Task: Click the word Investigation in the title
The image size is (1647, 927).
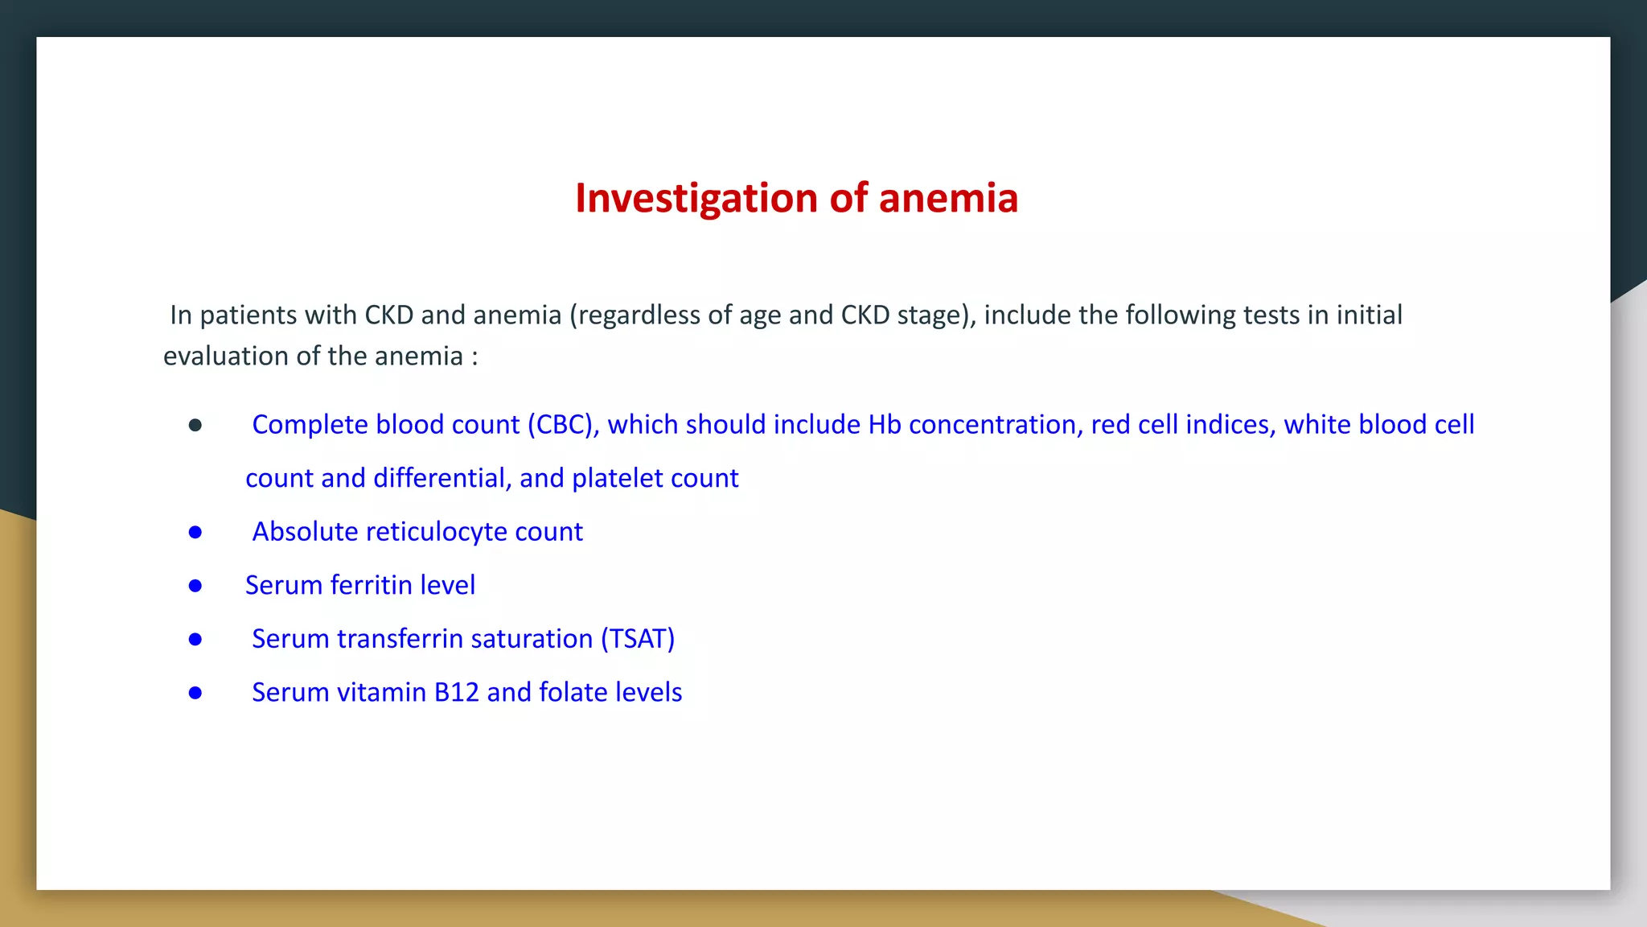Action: [x=697, y=199]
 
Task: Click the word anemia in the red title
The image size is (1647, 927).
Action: [x=948, y=199]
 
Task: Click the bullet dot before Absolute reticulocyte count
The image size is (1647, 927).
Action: [x=195, y=533]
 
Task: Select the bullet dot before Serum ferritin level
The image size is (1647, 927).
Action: [x=195, y=586]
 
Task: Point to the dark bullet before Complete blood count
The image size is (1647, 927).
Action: [x=195, y=425]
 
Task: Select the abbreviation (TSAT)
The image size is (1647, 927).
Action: [x=638, y=639]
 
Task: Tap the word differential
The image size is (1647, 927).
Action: [x=442, y=479]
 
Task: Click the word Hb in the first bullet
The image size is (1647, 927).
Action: [x=885, y=425]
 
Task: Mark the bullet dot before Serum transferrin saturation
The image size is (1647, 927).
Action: [x=195, y=640]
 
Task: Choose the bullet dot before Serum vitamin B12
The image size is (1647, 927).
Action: [x=195, y=693]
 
